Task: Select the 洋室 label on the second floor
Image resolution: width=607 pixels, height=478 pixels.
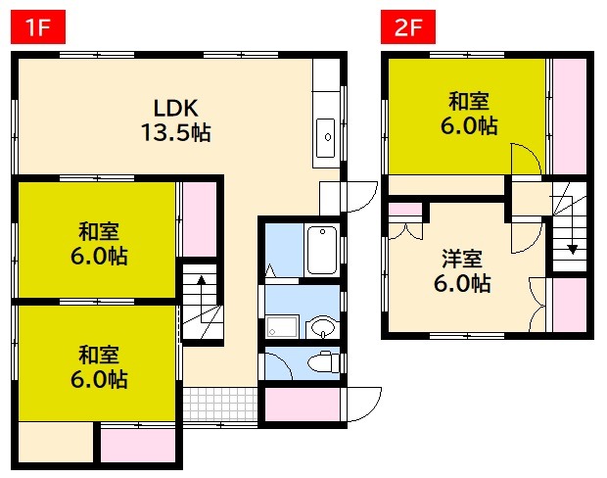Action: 460,260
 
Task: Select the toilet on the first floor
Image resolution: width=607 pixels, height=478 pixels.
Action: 321,363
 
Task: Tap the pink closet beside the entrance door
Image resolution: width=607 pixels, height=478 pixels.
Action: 303,406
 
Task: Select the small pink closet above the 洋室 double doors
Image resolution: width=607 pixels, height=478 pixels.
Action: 404,210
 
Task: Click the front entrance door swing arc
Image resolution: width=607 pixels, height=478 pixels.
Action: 366,401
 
